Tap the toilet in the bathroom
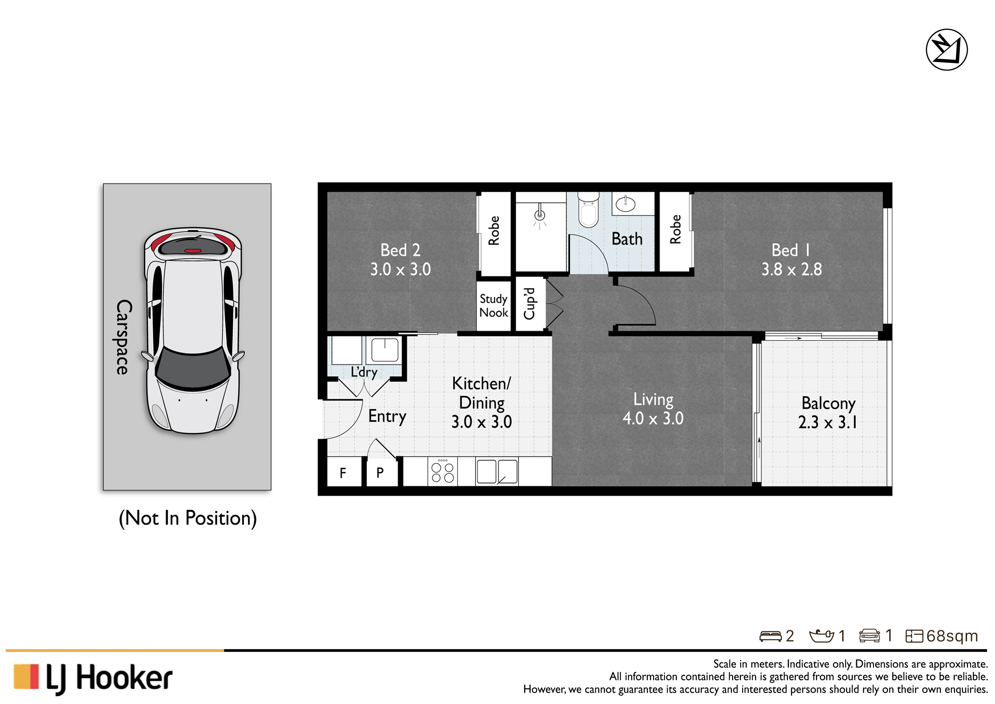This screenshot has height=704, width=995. click(x=589, y=210)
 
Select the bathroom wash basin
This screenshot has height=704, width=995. click(x=625, y=204)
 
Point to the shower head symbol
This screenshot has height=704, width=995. click(x=540, y=216)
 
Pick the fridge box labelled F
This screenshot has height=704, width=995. click(x=344, y=472)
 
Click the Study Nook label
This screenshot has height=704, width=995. click(x=494, y=305)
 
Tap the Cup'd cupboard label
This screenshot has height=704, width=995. click(x=529, y=303)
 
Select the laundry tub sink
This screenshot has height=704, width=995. click(x=384, y=349)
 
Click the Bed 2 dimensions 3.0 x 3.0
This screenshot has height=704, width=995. click(x=400, y=270)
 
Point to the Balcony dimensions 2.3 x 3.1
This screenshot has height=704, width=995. click(x=828, y=422)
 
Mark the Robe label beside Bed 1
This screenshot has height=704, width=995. click(x=675, y=229)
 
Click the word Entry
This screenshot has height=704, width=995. click(x=387, y=416)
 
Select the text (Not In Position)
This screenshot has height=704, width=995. click(x=188, y=518)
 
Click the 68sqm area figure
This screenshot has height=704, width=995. click(x=952, y=636)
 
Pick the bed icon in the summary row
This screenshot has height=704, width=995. click(x=771, y=636)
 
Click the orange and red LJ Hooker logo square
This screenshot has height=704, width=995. click(x=26, y=676)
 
